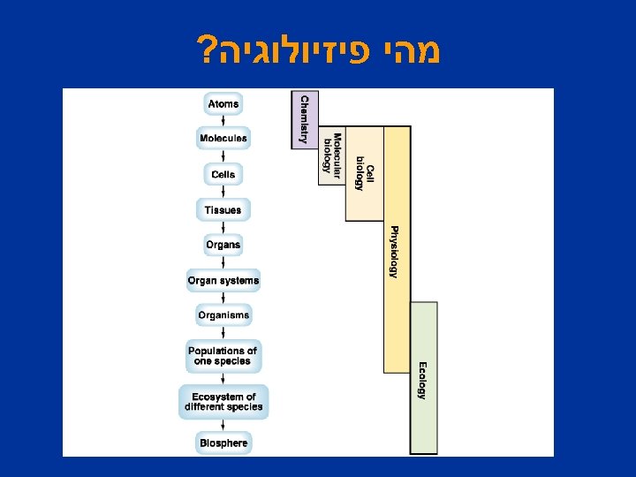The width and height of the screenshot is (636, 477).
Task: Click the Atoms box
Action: tap(223, 104)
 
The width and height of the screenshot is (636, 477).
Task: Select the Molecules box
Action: tap(223, 139)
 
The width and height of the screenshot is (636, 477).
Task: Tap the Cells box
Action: tap(223, 175)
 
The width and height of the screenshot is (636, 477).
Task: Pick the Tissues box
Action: tap(223, 210)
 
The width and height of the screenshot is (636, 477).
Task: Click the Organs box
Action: tap(223, 245)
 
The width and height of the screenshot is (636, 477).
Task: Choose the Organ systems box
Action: tap(223, 281)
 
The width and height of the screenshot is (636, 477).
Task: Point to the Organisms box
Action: tap(223, 315)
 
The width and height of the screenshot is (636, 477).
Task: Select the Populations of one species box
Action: tap(223, 356)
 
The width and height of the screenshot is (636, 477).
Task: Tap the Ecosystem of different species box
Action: tap(223, 402)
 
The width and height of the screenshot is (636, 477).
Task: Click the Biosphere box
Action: tap(223, 442)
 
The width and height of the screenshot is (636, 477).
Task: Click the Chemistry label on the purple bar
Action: tap(305, 118)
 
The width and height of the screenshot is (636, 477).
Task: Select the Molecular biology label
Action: tap(331, 154)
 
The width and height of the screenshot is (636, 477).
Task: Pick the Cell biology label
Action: tap(365, 172)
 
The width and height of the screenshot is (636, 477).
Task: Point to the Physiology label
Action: tap(395, 252)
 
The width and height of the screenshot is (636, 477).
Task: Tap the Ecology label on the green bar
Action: tap(422, 380)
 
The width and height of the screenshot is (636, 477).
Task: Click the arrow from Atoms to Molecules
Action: tap(223, 122)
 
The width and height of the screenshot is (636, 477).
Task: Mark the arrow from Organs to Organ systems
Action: tap(223, 262)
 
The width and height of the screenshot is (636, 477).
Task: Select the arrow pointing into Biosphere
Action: tap(223, 424)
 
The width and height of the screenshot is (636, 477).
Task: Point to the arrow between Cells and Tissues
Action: tap(223, 193)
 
